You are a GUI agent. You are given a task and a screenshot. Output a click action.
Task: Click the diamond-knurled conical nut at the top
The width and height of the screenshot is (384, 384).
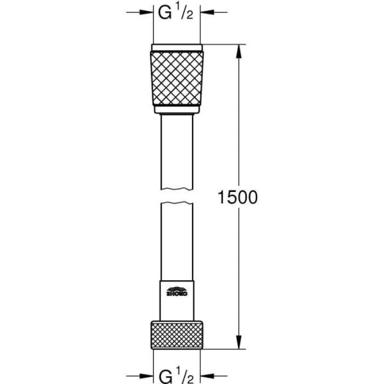177,79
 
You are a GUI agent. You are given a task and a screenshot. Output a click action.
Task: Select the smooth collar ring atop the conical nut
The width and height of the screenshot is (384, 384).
177,47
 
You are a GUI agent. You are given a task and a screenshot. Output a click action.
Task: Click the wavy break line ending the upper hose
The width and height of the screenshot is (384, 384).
177,188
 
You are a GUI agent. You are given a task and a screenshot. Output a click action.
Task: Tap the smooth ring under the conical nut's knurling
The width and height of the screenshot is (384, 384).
177,110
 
